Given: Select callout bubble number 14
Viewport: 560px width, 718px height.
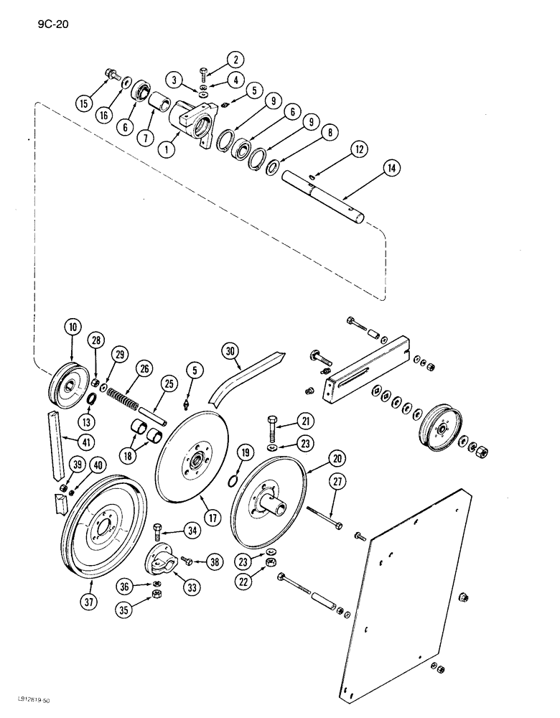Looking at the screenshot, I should (x=391, y=167).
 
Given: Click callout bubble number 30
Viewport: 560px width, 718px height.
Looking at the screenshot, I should (x=229, y=351).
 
